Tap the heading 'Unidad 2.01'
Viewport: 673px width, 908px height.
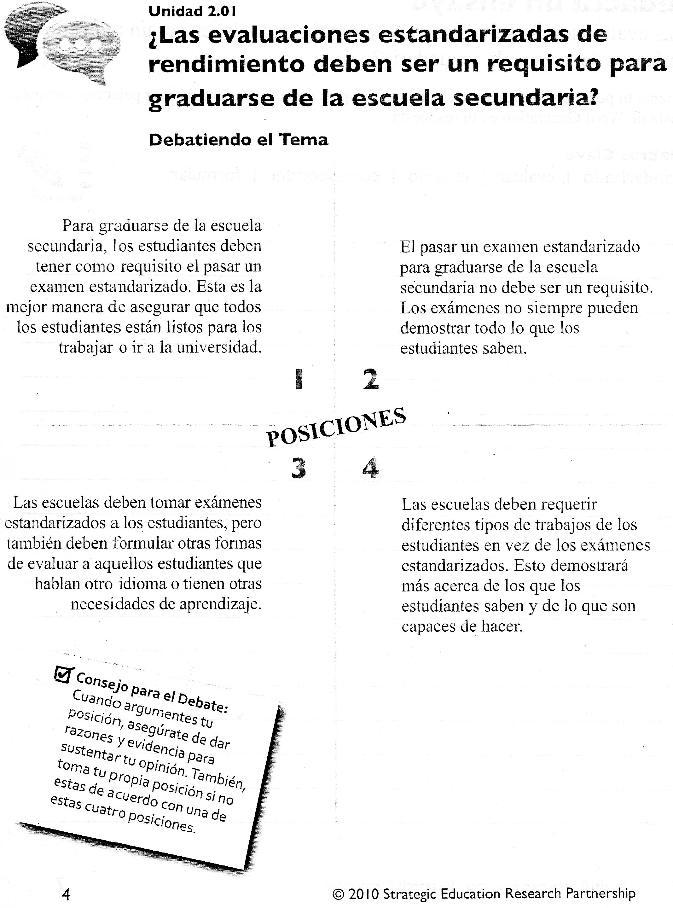tap(192, 11)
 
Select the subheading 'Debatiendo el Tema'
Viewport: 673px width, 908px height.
tap(238, 140)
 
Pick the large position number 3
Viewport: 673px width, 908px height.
tap(299, 468)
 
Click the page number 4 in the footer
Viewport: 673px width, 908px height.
tap(66, 894)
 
